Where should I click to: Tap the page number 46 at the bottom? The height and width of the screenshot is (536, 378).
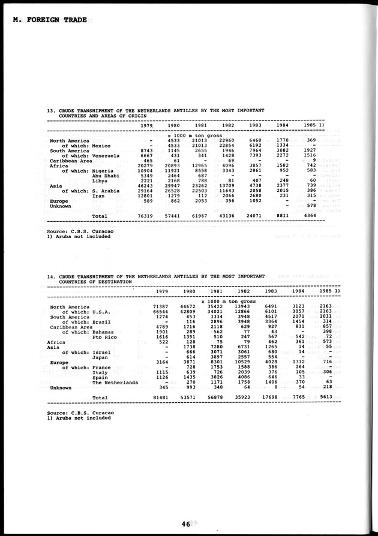pos(184,523)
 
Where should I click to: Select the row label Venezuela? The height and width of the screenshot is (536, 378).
pos(106,156)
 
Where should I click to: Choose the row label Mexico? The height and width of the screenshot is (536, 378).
pos(101,146)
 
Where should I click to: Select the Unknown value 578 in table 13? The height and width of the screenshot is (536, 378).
pos(311,206)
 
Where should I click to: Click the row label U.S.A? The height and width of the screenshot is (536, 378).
pos(101,312)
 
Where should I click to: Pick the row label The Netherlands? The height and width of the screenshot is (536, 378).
pos(115,382)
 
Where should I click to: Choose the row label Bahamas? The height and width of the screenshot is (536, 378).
pos(104,332)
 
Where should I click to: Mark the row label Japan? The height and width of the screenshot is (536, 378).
pos(100,357)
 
